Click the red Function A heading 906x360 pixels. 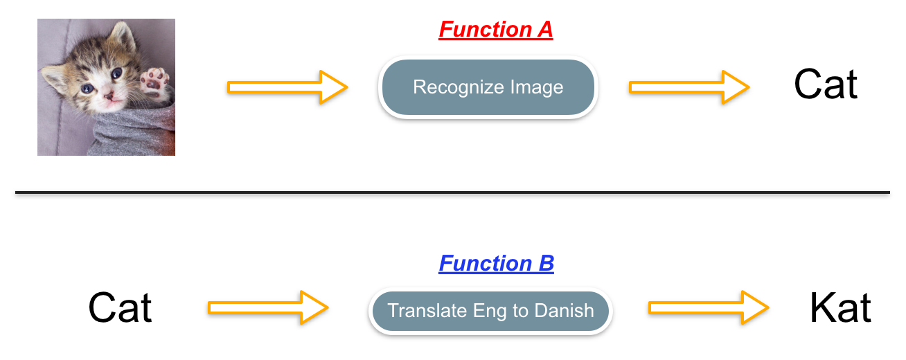click(x=495, y=30)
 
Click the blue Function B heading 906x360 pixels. click(x=496, y=264)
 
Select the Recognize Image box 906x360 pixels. click(x=488, y=88)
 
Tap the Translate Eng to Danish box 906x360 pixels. click(x=490, y=311)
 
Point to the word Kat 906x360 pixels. click(x=840, y=309)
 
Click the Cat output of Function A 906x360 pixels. click(x=826, y=84)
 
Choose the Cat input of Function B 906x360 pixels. click(x=120, y=308)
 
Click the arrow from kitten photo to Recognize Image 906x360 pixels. click(x=287, y=88)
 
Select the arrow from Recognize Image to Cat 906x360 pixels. click(x=689, y=88)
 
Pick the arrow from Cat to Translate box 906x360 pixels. click(x=267, y=307)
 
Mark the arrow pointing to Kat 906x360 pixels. click(x=708, y=307)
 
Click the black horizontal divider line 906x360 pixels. click(x=452, y=192)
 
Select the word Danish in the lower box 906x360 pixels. click(x=564, y=311)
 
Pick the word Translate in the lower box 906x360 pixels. click(x=418, y=311)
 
